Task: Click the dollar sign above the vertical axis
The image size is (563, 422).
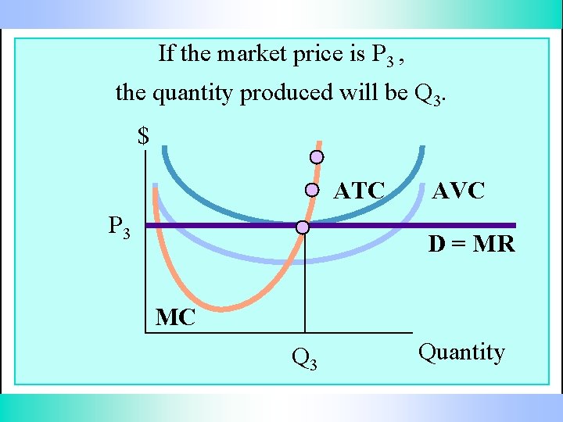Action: (x=143, y=136)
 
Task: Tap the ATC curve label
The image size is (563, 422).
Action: (x=360, y=191)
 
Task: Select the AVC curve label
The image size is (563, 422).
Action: (x=458, y=190)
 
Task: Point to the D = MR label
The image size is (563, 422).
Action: (x=471, y=245)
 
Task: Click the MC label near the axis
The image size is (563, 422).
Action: (x=175, y=318)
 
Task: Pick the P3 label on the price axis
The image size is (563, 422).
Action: (x=119, y=227)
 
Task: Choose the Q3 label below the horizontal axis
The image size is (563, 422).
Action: (x=303, y=359)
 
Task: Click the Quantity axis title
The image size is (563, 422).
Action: (x=461, y=352)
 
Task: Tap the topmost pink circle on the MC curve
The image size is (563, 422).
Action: (x=317, y=157)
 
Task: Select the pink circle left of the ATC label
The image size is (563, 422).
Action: (x=311, y=190)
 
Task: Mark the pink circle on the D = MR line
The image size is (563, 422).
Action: (x=303, y=227)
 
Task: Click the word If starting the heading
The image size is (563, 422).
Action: (x=166, y=53)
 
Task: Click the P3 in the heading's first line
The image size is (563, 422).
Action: (x=382, y=55)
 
